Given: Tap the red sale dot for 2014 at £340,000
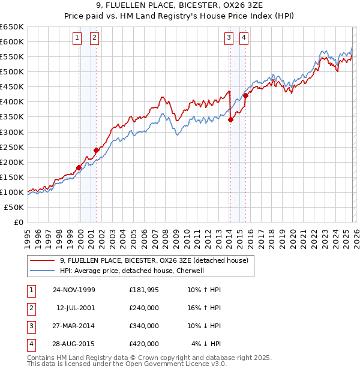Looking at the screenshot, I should pos(231,119).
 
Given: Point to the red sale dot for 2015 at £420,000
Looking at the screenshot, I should pos(245,95).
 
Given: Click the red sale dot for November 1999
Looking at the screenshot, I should pos(79,167).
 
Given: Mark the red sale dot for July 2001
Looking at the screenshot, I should pos(96,150).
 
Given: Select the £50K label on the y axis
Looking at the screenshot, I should pos(14,207).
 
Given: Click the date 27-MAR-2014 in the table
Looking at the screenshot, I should pos(74,326).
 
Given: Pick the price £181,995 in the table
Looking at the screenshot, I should pos(144,290).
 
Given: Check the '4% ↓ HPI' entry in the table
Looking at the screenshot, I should pos(206,344).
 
